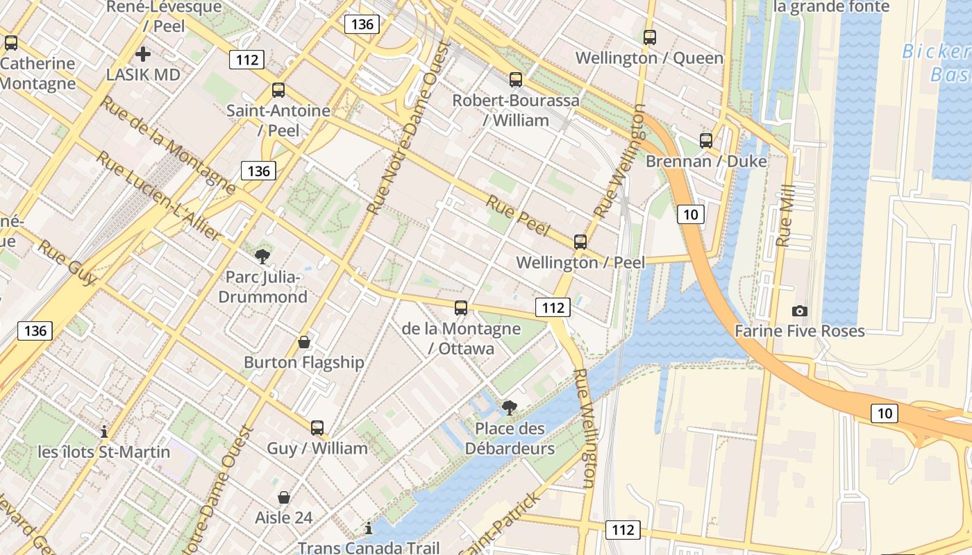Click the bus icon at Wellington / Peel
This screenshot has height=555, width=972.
click(x=580, y=242)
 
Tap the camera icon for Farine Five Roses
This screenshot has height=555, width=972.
click(x=800, y=311)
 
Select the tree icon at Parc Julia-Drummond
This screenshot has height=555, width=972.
click(x=262, y=257)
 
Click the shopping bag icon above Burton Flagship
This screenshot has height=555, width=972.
click(x=303, y=342)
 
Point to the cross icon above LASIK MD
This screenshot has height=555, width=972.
click(x=143, y=53)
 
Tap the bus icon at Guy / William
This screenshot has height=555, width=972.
click(x=317, y=428)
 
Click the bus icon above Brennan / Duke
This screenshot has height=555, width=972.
click(x=706, y=141)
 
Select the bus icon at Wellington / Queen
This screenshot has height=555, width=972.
click(x=650, y=37)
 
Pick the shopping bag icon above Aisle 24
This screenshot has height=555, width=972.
click(x=284, y=497)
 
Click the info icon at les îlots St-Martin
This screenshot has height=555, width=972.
click(x=104, y=432)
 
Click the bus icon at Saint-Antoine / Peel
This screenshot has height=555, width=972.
click(x=278, y=90)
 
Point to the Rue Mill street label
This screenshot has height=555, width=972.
click(x=785, y=216)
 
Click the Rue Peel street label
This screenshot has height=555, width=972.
click(x=518, y=216)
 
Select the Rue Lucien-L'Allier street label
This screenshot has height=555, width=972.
click(x=158, y=196)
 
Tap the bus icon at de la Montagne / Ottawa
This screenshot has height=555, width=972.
click(x=461, y=308)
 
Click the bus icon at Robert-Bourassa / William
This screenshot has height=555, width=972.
click(x=515, y=80)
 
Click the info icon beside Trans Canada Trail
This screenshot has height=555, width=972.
click(x=369, y=529)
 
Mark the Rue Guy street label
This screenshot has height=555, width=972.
click(x=67, y=263)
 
